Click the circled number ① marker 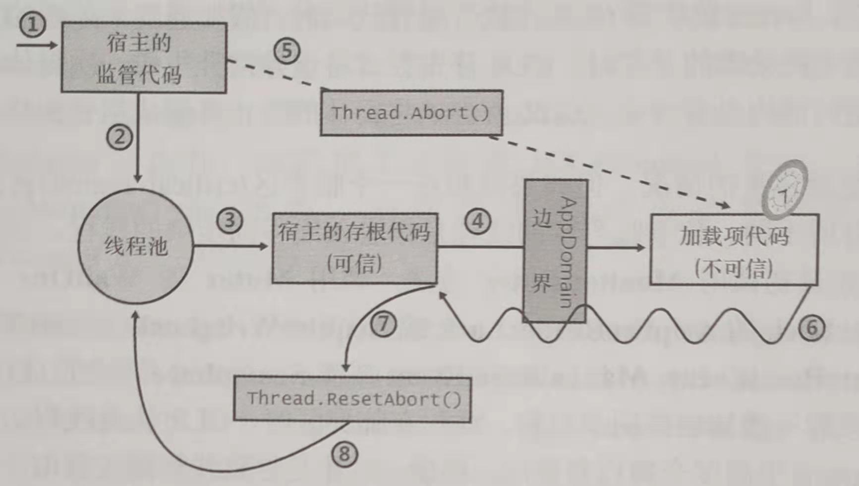(x=32, y=25)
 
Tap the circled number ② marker (x=119, y=137)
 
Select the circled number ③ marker (x=229, y=220)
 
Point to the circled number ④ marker (x=478, y=221)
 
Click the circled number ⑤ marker (x=287, y=51)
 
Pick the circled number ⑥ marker (x=811, y=327)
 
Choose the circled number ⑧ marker (x=344, y=454)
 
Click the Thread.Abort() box (x=411, y=113)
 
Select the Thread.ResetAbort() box (x=352, y=399)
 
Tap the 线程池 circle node (x=135, y=246)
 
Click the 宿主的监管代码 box (x=144, y=57)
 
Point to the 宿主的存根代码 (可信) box (x=354, y=248)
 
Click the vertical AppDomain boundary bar (x=555, y=251)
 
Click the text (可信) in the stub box (x=354, y=263)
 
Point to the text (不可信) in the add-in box (x=734, y=268)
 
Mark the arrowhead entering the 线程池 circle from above (x=138, y=178)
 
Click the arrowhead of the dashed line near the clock (x=725, y=205)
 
